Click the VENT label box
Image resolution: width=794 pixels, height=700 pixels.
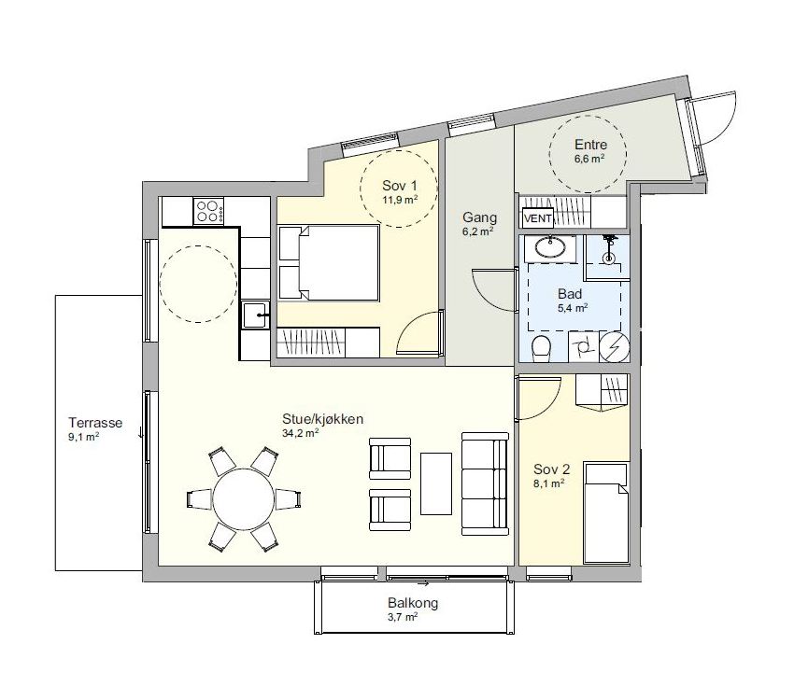(538, 218)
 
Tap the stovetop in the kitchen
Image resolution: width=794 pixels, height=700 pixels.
(208, 211)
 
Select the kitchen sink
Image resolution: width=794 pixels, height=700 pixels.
(256, 315)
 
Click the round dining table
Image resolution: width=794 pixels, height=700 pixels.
(244, 499)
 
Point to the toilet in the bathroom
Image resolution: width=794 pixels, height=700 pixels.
(541, 348)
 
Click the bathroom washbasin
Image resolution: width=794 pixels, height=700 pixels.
(550, 248)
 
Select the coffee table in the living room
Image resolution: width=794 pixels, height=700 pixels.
(436, 483)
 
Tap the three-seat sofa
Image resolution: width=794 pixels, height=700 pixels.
(485, 484)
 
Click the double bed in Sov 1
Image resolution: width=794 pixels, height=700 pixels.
(329, 263)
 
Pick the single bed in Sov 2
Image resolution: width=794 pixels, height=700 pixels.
(606, 511)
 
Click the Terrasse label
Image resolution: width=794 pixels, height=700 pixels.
(95, 422)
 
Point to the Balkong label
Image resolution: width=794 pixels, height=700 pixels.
(413, 603)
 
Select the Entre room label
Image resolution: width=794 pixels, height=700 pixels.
(590, 145)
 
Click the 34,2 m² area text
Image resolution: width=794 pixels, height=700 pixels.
(300, 432)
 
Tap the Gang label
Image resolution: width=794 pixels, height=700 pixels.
(479, 218)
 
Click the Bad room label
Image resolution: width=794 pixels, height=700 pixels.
(570, 294)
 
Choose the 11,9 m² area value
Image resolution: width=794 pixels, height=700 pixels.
(400, 200)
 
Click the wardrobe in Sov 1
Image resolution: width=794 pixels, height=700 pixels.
(328, 343)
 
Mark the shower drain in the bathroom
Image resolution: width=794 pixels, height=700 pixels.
(608, 259)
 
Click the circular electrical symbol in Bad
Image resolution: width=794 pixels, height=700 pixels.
(615, 347)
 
